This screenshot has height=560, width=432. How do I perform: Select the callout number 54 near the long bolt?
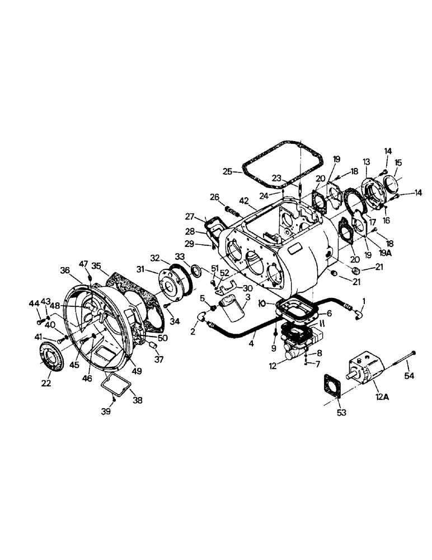click(x=410, y=376)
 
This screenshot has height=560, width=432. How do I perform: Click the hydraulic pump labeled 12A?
click(x=367, y=371)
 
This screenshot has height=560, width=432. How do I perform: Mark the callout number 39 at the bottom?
click(x=106, y=412)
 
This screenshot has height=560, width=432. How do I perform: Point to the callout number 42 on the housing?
click(x=243, y=200)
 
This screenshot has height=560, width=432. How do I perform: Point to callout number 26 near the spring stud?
click(x=214, y=197)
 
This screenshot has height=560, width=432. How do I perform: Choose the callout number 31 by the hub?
click(x=140, y=269)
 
